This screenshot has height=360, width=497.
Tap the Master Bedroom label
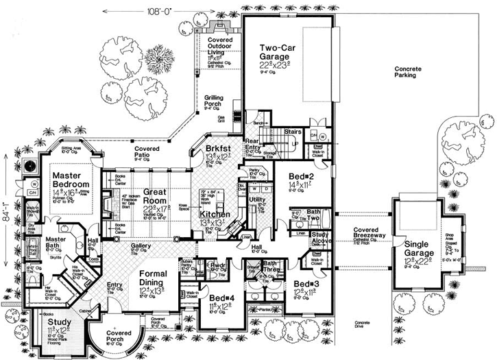71,180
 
